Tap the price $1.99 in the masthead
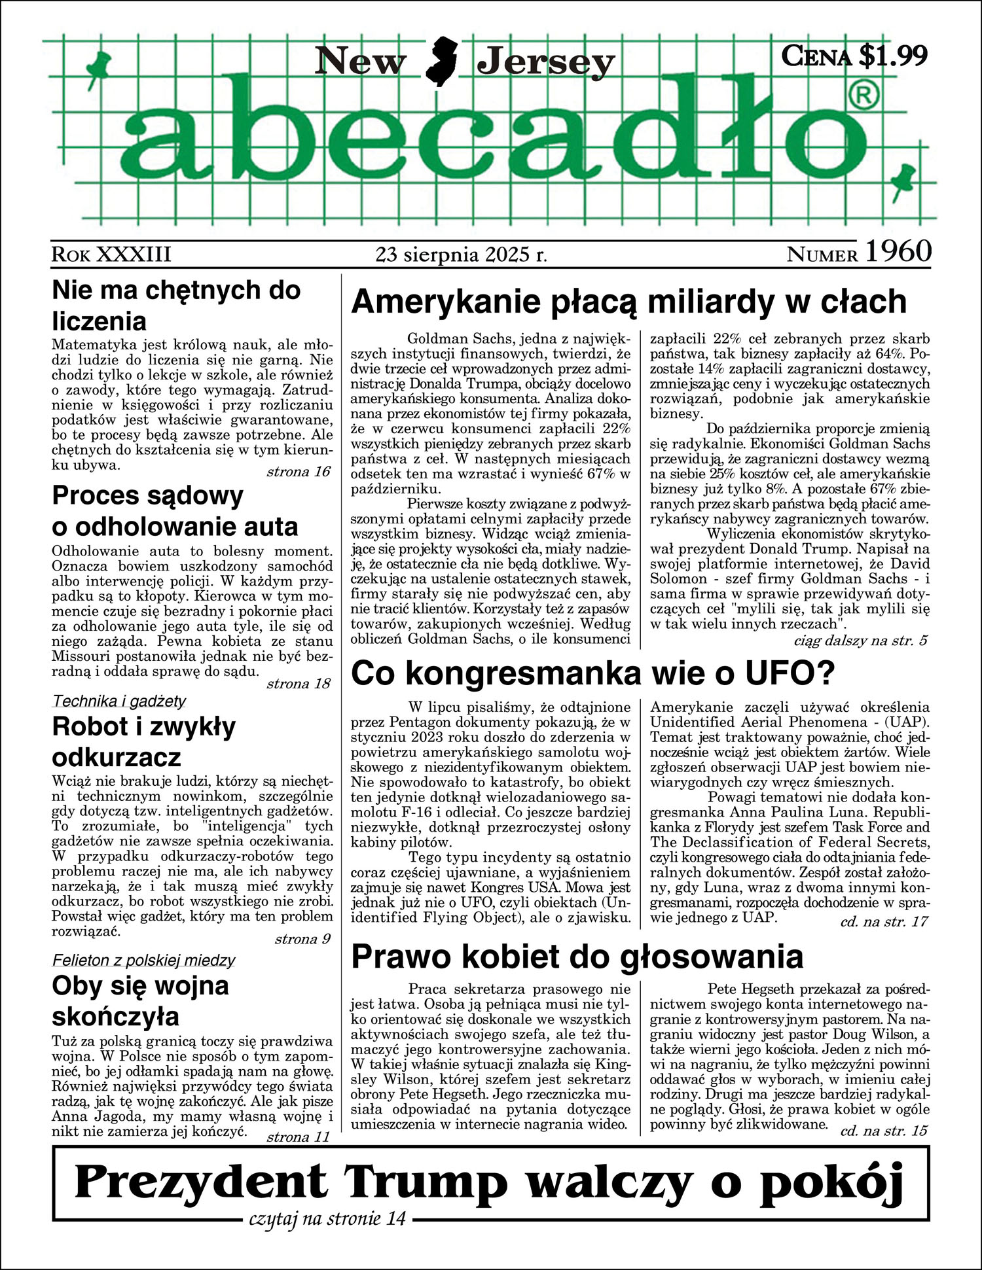point(892,56)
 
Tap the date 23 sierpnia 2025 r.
point(462,254)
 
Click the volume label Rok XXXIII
point(111,254)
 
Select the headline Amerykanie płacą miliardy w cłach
point(628,302)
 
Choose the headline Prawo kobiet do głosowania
point(577,957)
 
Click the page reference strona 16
point(299,472)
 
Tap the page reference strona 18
point(299,684)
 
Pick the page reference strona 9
point(302,939)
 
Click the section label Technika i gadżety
point(119,701)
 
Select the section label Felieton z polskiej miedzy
point(143,961)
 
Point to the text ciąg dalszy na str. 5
point(860,640)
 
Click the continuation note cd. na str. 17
point(884,921)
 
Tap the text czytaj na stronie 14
point(327,1218)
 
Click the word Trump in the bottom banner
point(426,1182)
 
